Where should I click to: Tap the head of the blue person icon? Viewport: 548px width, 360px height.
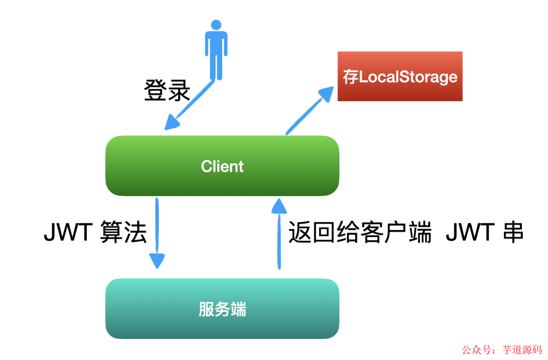click(x=216, y=25)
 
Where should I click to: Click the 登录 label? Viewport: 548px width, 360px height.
click(x=167, y=90)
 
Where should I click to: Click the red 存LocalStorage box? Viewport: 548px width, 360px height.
click(x=400, y=76)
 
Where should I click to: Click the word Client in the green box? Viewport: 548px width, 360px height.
click(x=222, y=166)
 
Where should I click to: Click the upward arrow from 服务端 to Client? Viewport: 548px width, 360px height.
click(x=279, y=234)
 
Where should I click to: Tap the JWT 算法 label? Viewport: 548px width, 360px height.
click(x=95, y=233)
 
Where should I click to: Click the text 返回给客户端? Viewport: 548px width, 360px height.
click(x=360, y=233)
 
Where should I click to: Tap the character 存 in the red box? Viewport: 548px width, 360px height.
click(x=351, y=77)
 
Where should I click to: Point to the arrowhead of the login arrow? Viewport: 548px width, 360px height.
click(x=172, y=122)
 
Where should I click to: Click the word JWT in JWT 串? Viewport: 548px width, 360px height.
click(x=470, y=233)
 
